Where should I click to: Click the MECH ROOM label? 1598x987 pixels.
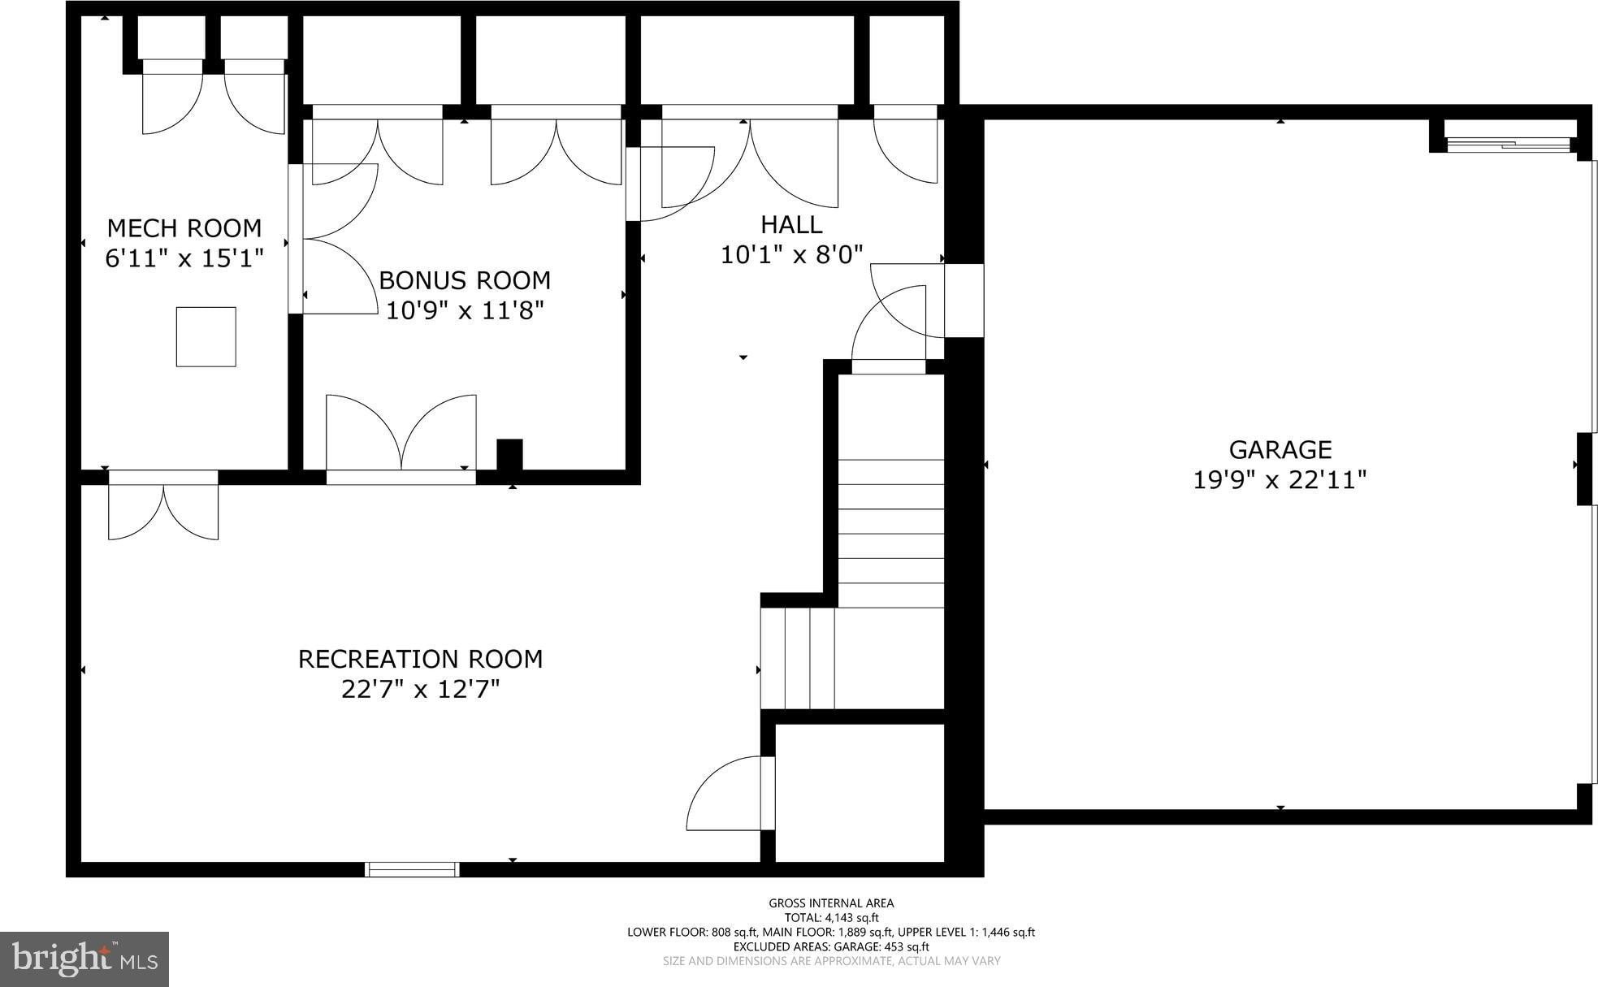pyautogui.click(x=184, y=227)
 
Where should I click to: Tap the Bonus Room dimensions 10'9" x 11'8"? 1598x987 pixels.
pyautogui.click(x=464, y=310)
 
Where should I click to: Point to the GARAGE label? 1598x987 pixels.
pyautogui.click(x=1280, y=449)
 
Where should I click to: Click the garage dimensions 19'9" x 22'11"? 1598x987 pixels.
pyautogui.click(x=1280, y=480)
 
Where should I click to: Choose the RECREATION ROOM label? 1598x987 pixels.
pyautogui.click(x=420, y=659)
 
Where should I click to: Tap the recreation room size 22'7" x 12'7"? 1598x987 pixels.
pyautogui.click(x=420, y=690)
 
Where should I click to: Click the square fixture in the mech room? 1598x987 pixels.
pyautogui.click(x=206, y=336)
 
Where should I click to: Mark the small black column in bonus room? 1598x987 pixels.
pyautogui.click(x=509, y=455)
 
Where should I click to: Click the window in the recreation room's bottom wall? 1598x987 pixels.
pyautogui.click(x=412, y=869)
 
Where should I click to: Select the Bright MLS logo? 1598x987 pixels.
pyautogui.click(x=84, y=959)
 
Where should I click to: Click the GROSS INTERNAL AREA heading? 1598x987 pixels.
pyautogui.click(x=831, y=903)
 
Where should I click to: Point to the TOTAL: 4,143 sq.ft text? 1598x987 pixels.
pyautogui.click(x=831, y=918)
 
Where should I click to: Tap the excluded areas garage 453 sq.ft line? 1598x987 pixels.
pyautogui.click(x=831, y=947)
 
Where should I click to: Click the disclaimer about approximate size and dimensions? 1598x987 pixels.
pyautogui.click(x=831, y=962)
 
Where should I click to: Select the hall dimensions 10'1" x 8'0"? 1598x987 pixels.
pyautogui.click(x=791, y=255)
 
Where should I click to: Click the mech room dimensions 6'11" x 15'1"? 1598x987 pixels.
pyautogui.click(x=184, y=258)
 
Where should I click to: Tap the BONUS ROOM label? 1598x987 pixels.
pyautogui.click(x=464, y=280)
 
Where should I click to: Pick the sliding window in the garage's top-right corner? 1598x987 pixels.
pyautogui.click(x=1508, y=145)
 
